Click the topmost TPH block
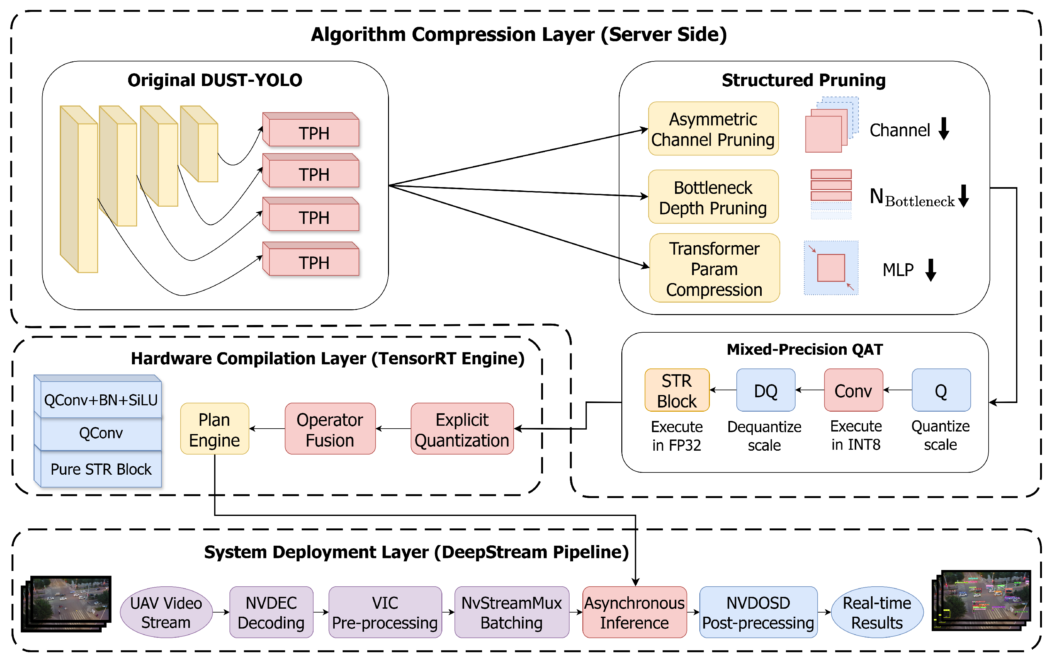[x=314, y=132]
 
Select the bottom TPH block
[x=314, y=262]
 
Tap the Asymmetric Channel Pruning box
[x=713, y=129]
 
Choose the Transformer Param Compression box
[x=714, y=269]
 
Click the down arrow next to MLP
[x=930, y=270]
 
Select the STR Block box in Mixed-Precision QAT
[x=676, y=390]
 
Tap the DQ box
[x=765, y=390]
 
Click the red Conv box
[x=853, y=390]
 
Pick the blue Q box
[x=941, y=390]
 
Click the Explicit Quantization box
[x=462, y=429]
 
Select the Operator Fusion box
[x=330, y=429]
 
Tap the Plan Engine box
[x=214, y=429]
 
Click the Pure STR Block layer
[x=101, y=469]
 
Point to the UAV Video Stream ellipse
[x=166, y=612]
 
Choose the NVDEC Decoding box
[x=271, y=612]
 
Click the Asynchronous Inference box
[x=634, y=612]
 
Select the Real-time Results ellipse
[x=877, y=612]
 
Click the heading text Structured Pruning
[x=803, y=80]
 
